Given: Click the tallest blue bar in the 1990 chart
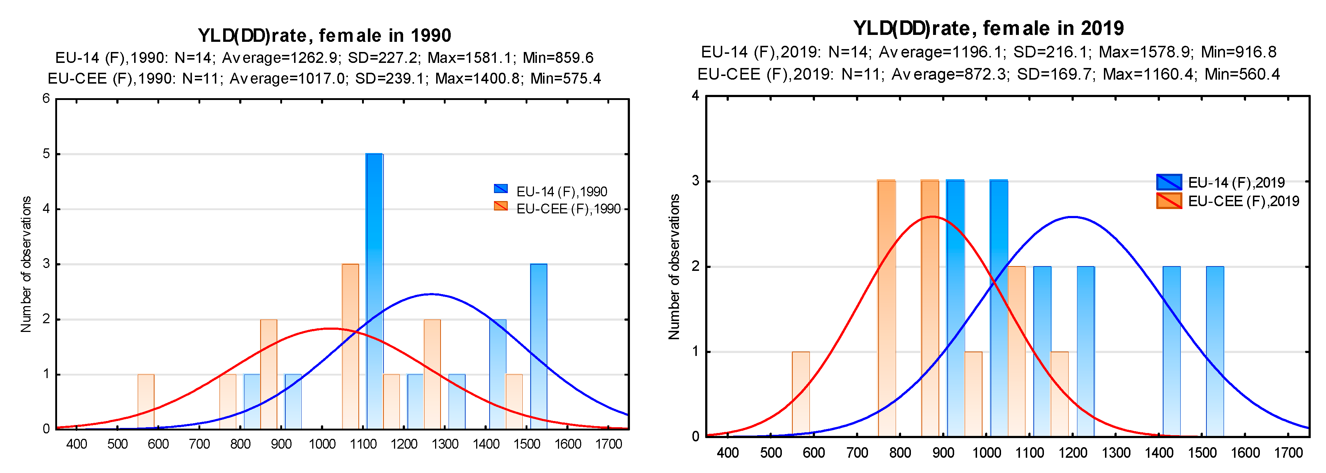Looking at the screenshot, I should pyautogui.click(x=374, y=291).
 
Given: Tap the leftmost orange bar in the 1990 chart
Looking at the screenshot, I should pyautogui.click(x=146, y=401).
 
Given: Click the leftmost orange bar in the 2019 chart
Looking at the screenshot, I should pyautogui.click(x=800, y=394).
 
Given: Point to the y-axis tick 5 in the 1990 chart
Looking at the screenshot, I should pyautogui.click(x=46, y=154).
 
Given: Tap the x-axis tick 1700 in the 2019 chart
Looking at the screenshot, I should pyautogui.click(x=1288, y=453).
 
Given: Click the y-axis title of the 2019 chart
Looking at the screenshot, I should pyautogui.click(x=674, y=266).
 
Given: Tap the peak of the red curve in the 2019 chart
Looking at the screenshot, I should pyautogui.click(x=932, y=217).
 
